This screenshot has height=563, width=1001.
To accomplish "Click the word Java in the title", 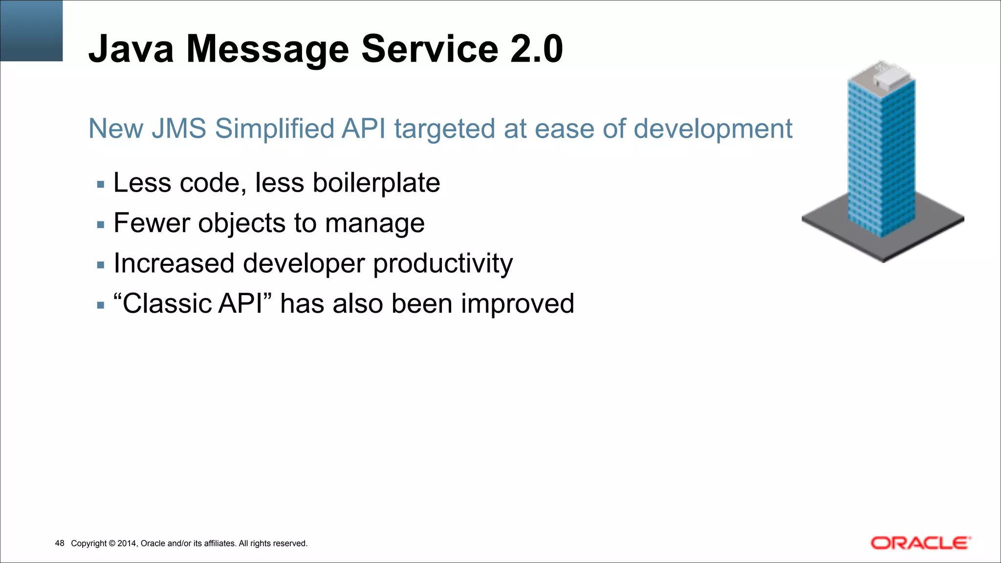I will (131, 49).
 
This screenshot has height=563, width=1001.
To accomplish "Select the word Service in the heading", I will (430, 49).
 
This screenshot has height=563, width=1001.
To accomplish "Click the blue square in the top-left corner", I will (31, 30).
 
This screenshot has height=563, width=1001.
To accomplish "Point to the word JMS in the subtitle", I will (179, 129).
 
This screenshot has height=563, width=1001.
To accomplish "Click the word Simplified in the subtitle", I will (274, 129).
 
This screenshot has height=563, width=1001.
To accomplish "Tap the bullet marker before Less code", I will (101, 185).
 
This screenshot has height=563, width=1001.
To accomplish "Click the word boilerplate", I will (376, 183).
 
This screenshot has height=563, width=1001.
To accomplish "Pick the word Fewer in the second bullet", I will (151, 223).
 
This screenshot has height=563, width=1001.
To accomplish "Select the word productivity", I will (443, 264).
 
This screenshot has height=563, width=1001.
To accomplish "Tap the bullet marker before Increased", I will (101, 265).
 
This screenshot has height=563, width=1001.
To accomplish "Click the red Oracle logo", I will (920, 543).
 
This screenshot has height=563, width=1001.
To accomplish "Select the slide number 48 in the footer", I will (60, 543).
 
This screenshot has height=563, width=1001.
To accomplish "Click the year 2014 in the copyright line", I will (127, 543).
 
